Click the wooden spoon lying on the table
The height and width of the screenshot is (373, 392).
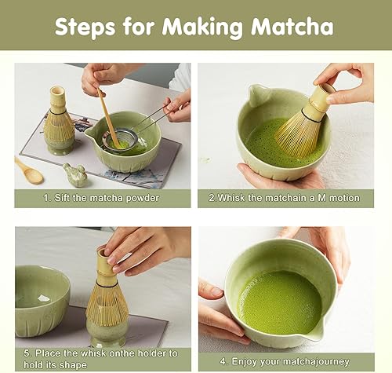click(x=29, y=170)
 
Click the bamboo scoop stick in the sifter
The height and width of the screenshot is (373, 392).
click(x=109, y=118)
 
